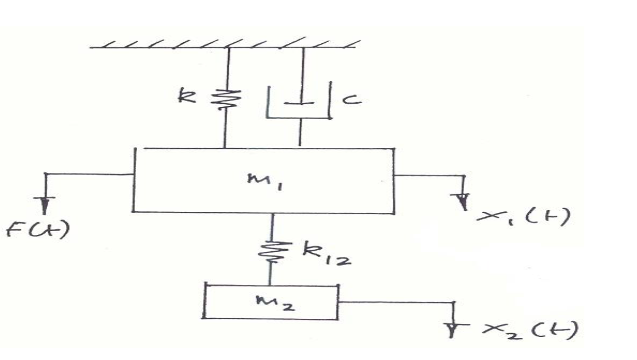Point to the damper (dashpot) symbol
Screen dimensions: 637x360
click(x=299, y=102)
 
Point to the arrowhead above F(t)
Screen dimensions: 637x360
click(x=44, y=205)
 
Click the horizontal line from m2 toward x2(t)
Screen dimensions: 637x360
click(x=395, y=302)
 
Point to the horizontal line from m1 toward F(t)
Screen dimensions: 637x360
click(x=88, y=174)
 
